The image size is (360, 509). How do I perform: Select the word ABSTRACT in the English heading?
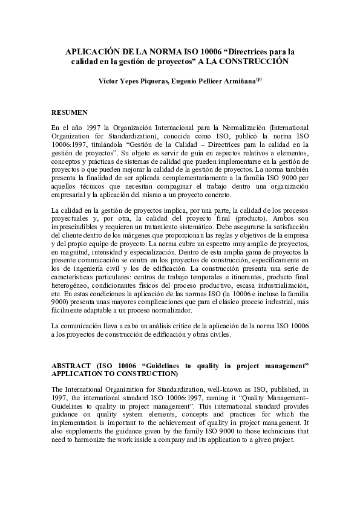71,366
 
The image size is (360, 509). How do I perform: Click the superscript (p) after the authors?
259,79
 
